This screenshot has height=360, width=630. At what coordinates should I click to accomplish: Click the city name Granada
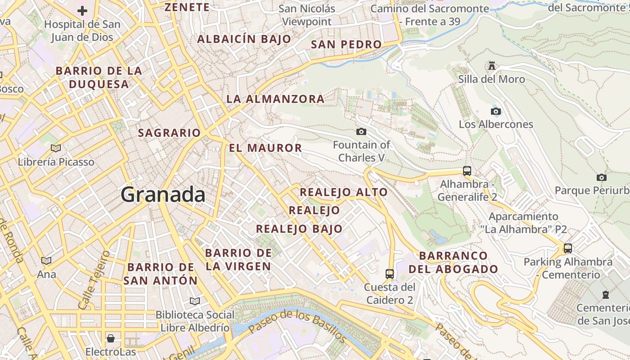(163, 194)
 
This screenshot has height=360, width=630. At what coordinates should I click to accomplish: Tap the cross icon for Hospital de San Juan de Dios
(82, 11)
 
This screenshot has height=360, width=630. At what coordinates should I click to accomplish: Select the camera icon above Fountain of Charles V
(361, 131)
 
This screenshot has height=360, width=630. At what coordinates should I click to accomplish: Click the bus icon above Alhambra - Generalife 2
(467, 171)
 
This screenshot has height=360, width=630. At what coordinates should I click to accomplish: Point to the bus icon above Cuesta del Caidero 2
(390, 274)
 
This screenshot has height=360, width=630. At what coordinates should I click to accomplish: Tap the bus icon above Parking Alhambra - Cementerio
(568, 248)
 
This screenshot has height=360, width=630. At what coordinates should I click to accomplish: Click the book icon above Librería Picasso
(56, 148)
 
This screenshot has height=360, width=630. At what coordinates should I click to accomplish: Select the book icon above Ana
(46, 261)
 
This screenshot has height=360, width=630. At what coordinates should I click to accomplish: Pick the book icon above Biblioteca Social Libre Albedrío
(195, 301)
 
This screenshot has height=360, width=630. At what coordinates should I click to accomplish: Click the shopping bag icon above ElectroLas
(111, 338)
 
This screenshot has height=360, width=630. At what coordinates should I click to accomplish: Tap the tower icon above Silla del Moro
(491, 66)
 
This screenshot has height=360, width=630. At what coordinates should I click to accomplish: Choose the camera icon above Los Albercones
(496, 111)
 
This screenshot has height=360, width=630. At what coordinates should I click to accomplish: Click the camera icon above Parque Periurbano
(602, 177)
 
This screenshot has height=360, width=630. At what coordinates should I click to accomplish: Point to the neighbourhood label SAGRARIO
(169, 133)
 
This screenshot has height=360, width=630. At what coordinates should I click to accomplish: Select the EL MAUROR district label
(265, 148)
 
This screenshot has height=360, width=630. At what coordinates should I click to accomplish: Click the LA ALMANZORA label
(275, 99)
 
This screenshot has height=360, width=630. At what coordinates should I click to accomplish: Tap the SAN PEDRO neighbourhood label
(346, 45)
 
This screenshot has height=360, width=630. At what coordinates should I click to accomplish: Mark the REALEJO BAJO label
(299, 229)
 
